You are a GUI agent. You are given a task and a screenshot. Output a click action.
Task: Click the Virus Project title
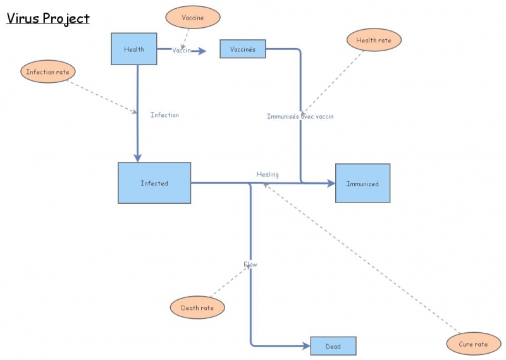[48, 18]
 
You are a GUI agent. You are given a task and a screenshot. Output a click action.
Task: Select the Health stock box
[134, 49]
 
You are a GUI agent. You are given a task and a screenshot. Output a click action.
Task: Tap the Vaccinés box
[243, 49]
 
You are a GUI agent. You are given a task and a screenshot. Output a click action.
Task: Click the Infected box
[154, 183]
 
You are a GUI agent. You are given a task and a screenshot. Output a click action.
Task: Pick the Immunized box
[362, 183]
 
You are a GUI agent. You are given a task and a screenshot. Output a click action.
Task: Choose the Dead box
[333, 346]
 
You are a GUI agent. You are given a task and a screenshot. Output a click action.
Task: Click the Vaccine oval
[193, 18]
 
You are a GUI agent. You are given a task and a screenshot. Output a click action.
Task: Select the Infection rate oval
[48, 72]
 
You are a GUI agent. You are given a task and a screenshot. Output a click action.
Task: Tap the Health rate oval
[374, 40]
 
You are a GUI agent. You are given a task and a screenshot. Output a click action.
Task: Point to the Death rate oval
[197, 308]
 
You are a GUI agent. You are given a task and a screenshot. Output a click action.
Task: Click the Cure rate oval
[472, 344]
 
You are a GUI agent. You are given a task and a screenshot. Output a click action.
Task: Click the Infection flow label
[164, 115]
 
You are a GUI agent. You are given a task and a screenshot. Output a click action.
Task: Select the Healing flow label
[267, 175]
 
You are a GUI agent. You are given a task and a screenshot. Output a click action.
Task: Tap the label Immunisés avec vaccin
[300, 116]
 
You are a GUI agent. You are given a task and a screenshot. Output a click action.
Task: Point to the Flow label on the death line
[250, 264]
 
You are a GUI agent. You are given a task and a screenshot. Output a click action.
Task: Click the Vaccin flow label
[182, 51]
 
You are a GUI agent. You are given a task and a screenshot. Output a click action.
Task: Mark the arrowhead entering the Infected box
[137, 158]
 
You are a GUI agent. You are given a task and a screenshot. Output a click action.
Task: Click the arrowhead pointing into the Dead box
[305, 346]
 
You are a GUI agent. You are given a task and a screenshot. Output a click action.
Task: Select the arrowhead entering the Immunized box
[331, 183]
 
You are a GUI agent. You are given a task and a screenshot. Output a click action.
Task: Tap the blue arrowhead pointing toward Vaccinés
[202, 51]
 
